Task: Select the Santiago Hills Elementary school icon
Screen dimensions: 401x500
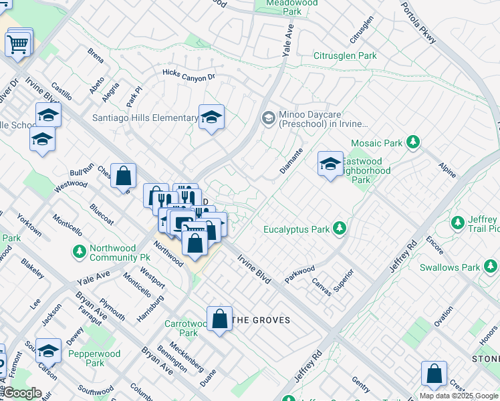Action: coord(211,118)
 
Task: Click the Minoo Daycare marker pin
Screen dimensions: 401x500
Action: coord(268,118)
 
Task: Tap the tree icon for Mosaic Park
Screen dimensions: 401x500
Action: coord(414,142)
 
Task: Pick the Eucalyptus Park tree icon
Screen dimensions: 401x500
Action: coord(340,229)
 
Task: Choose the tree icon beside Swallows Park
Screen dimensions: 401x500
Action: coord(491,267)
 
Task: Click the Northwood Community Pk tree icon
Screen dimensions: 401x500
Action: coord(79,252)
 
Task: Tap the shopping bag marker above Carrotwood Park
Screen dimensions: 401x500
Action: coord(219,319)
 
